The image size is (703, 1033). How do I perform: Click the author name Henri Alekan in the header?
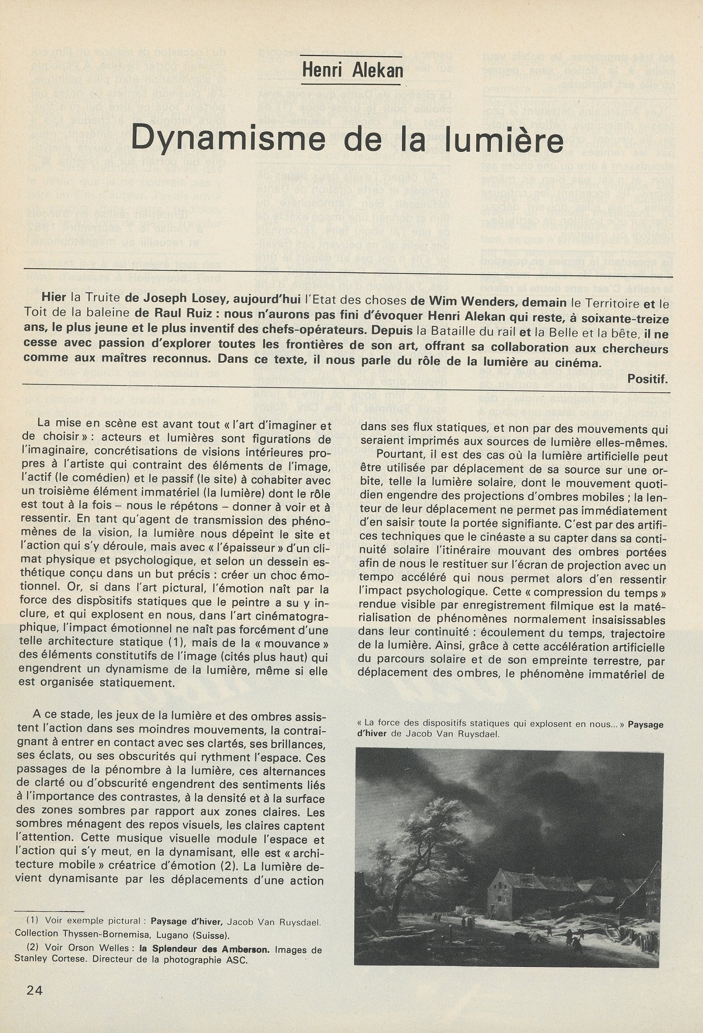pos(352,70)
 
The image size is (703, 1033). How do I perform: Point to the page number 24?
pos(35,990)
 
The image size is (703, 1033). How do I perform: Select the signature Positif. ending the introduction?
pos(647,378)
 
